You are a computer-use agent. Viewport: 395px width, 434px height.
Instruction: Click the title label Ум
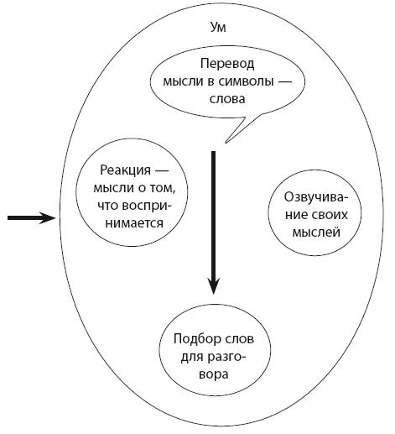pos(218,28)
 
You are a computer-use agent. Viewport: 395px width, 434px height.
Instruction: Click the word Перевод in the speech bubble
pos(227,64)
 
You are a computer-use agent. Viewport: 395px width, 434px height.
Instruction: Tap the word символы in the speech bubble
pos(245,81)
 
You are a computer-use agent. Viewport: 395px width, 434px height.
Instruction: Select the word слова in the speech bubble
pos(227,99)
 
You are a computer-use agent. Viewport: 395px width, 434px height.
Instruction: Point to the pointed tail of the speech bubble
pos(226,142)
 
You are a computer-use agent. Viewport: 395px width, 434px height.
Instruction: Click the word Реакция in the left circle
pos(125,170)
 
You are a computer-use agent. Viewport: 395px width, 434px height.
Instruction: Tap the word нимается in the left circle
pos(134,223)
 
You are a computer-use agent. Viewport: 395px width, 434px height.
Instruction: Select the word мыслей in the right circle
pos(316,233)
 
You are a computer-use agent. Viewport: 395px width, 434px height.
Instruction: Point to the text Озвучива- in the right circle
pos(316,197)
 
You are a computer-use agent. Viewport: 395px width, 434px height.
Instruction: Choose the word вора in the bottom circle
pos(214,374)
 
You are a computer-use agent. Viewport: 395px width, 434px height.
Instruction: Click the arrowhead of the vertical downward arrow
pos(213,285)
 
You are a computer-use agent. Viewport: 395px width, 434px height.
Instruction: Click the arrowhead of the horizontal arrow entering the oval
pos(48,218)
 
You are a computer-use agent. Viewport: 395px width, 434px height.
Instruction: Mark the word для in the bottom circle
pos(192,358)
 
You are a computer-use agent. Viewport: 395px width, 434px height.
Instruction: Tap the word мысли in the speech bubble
pos(182,81)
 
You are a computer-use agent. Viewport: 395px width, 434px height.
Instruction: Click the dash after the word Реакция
pos(162,170)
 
